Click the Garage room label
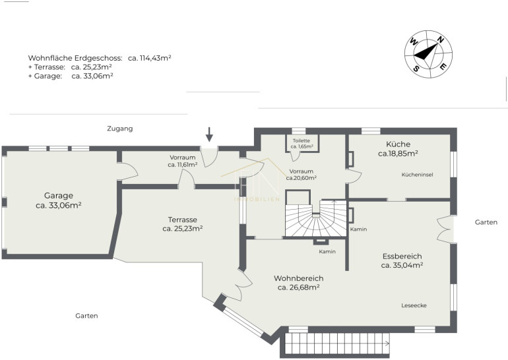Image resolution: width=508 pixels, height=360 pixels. coord(59,196)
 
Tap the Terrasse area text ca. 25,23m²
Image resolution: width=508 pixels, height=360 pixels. coord(183,229)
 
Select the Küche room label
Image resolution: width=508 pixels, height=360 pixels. coord(398,144)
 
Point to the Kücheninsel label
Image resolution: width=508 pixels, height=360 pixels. coord(417,175)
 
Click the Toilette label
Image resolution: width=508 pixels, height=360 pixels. coord(302,141)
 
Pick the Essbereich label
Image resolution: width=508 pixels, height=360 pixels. coord(402,256)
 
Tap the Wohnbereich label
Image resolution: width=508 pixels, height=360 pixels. coord(298,278)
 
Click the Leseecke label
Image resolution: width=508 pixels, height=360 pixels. coord(414,306)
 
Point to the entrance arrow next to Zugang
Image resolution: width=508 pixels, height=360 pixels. coord(210,135)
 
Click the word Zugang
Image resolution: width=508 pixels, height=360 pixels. coord(120,129)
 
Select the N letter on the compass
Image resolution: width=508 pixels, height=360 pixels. coord(440,40)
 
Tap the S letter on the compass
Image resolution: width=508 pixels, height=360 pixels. coord(416,69)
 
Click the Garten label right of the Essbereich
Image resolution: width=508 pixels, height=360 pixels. coord(486,222)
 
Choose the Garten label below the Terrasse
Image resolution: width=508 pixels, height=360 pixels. coord(86,316)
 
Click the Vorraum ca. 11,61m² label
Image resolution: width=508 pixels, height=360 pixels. coord(183,162)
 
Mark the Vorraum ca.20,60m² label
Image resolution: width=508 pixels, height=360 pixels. coord(302,175)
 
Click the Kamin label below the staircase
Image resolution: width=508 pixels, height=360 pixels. coord(327,252)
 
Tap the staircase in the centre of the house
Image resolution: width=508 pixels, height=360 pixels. coord(316,218)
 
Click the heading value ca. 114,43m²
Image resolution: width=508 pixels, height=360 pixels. coord(149,58)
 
